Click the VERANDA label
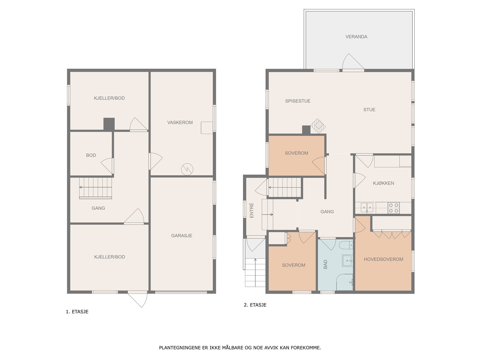point(356,37)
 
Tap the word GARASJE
point(181,235)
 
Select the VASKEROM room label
point(180,122)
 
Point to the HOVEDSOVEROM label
point(383,259)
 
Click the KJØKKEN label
point(383,183)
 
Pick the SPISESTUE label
point(298,101)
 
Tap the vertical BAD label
point(325,264)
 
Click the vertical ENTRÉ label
point(251,210)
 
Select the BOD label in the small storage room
point(91,155)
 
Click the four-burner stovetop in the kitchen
point(393,208)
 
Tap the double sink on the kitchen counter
point(367,207)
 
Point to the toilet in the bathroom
point(346,245)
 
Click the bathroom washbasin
point(347,260)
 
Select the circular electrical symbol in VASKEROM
point(187,169)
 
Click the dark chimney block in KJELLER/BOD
point(109,124)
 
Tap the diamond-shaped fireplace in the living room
point(318,126)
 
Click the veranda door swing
point(353,62)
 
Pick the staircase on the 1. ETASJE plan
point(95,188)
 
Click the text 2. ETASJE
point(255,305)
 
